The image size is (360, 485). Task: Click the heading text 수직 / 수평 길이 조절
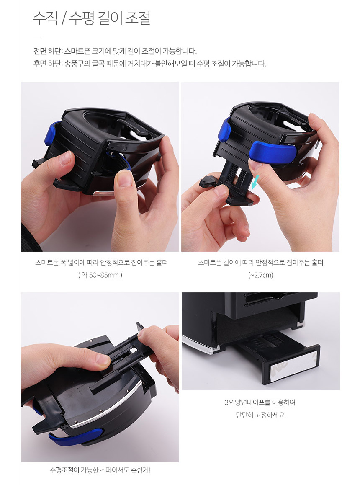pos(92,18)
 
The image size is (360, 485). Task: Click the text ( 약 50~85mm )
pos(100,275)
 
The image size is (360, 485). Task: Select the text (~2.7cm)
pos(260,275)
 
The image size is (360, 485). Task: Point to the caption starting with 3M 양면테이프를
pos(260,402)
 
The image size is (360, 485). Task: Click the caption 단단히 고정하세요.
pos(260,415)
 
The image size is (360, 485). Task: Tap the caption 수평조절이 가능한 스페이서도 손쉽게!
pos(100,470)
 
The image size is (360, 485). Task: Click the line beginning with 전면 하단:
pos(115,51)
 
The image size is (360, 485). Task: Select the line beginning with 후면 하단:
pos(150,64)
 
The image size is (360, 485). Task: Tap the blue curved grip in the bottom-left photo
pos(76,436)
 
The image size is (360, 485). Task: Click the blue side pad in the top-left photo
pos(51,134)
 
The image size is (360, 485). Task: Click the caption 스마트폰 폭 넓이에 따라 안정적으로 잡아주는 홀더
pos(101,263)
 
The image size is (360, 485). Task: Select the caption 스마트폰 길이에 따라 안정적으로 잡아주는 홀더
pos(261,263)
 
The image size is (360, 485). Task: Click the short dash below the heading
pos(37,39)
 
